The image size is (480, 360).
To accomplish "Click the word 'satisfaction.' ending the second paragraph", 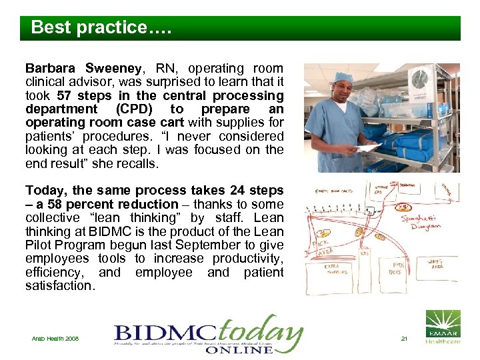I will pos(60,285).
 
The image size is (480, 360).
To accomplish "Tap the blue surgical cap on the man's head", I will pos(343,78).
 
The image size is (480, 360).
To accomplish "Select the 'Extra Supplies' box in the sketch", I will pos(339,268).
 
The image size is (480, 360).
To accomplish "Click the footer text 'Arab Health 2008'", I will pos(55,339).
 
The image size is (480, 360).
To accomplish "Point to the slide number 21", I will pos(404,339).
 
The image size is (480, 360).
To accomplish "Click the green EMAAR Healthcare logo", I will pos(443,327).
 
